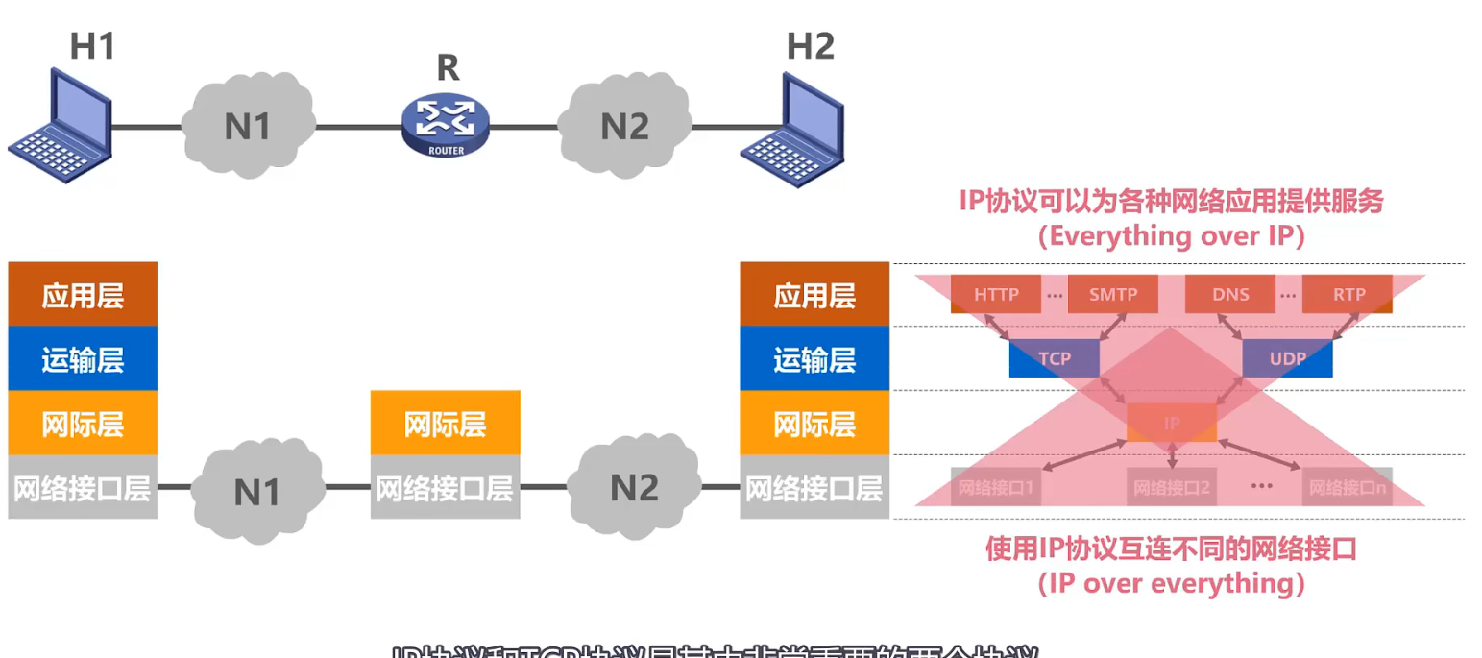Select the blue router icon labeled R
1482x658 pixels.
[x=445, y=125]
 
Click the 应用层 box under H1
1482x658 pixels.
[x=83, y=295]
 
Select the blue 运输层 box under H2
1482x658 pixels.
[x=814, y=359]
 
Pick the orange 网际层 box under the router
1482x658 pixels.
[x=446, y=423]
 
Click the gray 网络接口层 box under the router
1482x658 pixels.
[x=446, y=488]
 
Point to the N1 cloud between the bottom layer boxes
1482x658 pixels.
[x=256, y=490]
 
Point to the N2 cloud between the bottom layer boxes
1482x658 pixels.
[x=633, y=487]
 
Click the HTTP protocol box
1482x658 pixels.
[x=996, y=294]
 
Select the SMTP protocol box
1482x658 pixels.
[x=1112, y=294]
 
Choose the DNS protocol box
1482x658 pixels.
[x=1230, y=294]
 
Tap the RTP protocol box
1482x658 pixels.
[x=1347, y=294]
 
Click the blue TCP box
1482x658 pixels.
[x=1054, y=357]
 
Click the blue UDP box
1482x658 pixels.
[x=1287, y=357]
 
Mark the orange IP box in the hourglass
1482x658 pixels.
[x=1171, y=423]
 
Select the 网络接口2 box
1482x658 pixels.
[x=1171, y=488]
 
